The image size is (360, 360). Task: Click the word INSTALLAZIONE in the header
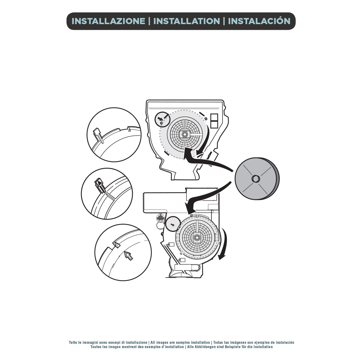coord(108,21)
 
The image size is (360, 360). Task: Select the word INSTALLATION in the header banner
coord(186,21)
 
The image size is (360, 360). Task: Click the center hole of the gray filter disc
coord(255,179)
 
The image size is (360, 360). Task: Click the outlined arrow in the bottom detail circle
coord(129,255)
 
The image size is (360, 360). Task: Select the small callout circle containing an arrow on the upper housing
coord(162,119)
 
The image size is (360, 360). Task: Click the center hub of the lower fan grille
coord(197,237)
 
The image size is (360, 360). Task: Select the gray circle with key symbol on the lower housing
coord(172,224)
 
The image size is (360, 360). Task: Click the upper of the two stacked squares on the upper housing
coord(214,117)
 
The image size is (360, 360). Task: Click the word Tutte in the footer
coord(73,343)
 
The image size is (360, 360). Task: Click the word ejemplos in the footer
coord(262,343)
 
